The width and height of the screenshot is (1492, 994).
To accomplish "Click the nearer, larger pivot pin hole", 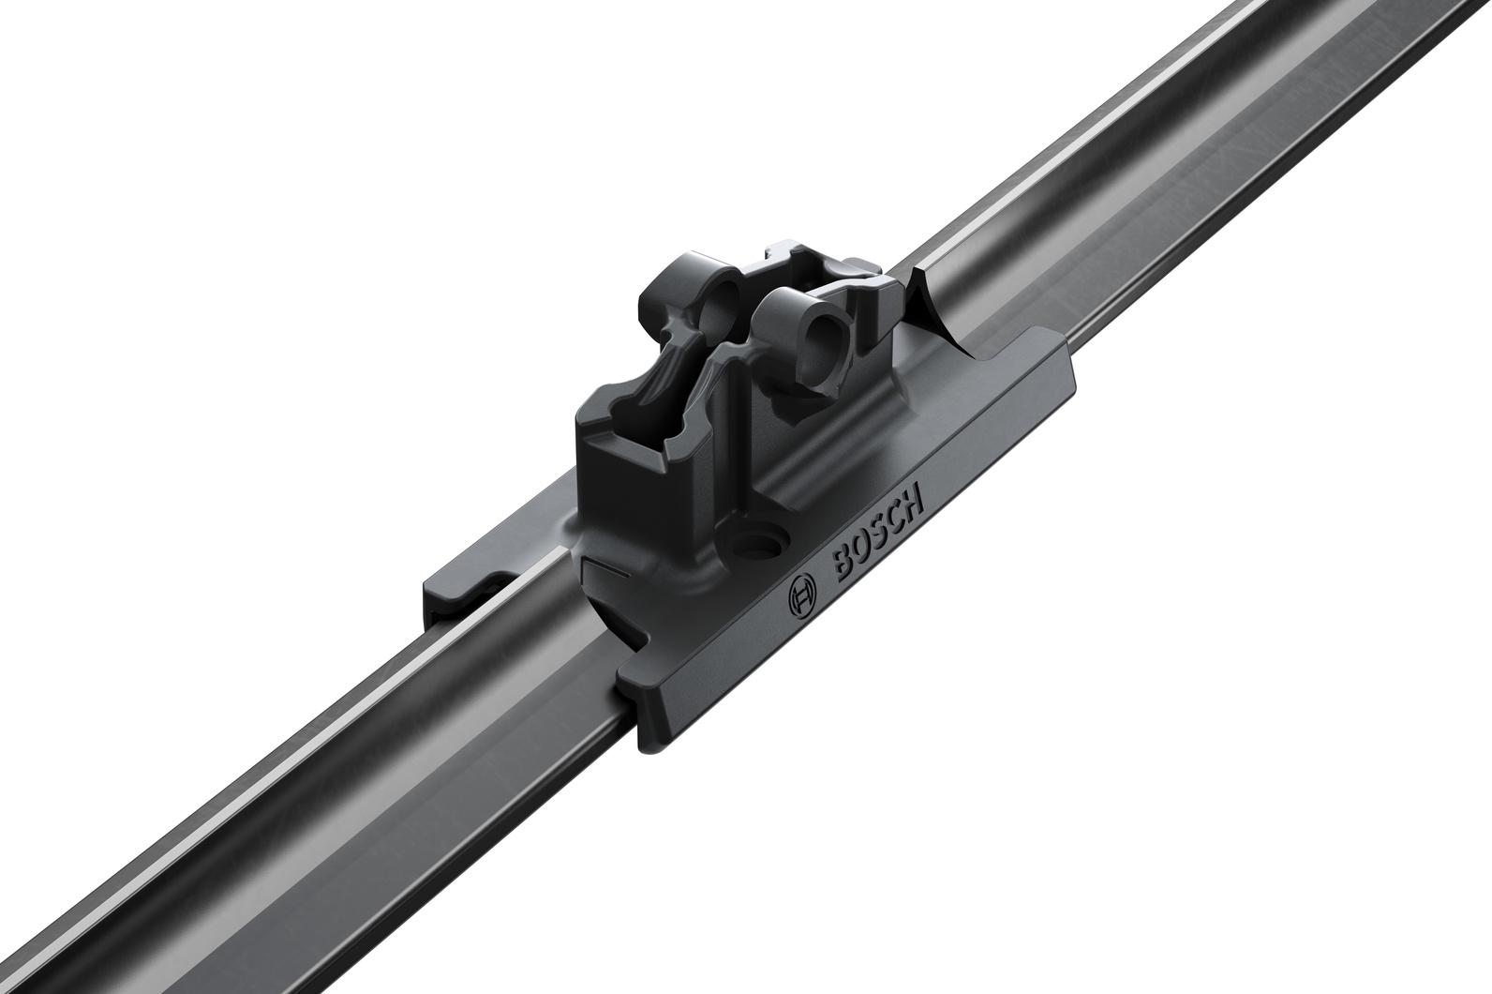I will coord(822,336).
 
